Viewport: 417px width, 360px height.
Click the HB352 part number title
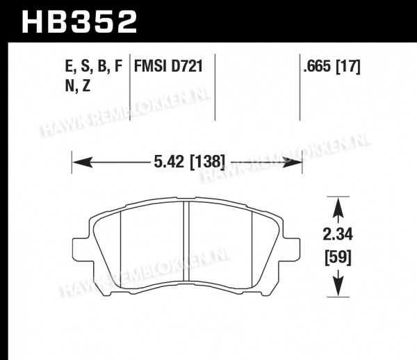click(x=79, y=22)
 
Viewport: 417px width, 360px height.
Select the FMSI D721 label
click(x=168, y=66)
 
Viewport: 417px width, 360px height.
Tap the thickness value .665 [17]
click(x=332, y=66)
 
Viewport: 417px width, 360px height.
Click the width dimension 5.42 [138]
click(x=190, y=162)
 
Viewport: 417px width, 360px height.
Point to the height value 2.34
click(x=338, y=235)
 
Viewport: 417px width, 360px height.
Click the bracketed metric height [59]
click(x=338, y=258)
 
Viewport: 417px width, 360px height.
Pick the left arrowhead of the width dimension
click(x=83, y=162)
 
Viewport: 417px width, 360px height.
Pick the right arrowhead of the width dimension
click(x=292, y=162)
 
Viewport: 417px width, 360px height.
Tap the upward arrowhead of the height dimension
click(x=338, y=208)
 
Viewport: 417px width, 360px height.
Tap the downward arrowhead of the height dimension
click(x=338, y=286)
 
